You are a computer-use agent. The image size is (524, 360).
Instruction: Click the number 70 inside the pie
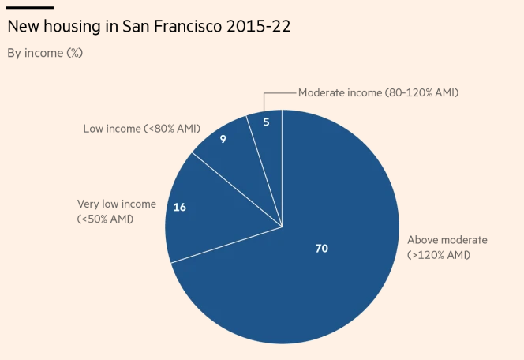coord(321,249)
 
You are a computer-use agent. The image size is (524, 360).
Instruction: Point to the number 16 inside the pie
coord(179,208)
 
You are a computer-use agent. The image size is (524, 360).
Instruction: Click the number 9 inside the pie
coord(223,140)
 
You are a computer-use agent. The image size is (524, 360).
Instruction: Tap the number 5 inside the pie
coord(266,122)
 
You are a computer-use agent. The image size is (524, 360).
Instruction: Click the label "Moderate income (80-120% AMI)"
coord(378,92)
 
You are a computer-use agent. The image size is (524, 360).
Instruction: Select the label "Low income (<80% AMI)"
coord(142,128)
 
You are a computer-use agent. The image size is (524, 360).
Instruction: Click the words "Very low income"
coord(116,204)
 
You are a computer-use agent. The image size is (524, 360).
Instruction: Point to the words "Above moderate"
coord(447,240)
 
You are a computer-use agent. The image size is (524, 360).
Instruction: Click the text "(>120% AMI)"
coord(439,255)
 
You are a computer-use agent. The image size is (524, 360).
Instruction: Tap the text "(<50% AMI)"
coord(105,219)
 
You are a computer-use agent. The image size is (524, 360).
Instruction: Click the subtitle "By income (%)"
coord(45,53)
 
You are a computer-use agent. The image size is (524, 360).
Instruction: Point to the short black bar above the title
coord(30,8)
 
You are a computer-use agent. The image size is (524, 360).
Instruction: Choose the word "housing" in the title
coord(74,27)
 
